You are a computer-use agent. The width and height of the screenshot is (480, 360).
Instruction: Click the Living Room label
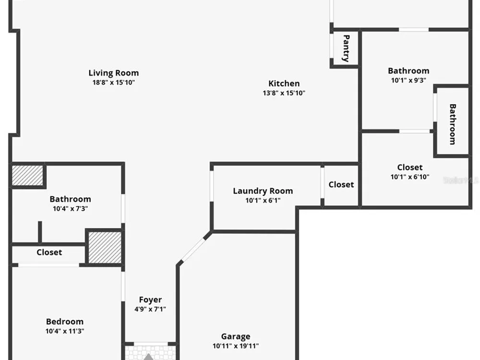click(114, 73)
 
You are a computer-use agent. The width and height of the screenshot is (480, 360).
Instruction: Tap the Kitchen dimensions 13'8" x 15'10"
click(284, 93)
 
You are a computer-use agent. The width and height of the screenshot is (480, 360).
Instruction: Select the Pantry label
click(346, 48)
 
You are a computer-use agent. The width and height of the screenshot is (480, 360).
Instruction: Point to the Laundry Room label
click(263, 191)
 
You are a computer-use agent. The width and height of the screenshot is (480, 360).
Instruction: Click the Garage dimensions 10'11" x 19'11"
click(235, 346)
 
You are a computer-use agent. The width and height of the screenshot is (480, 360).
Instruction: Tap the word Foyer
click(150, 300)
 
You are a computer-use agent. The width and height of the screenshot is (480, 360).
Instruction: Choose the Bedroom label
click(65, 322)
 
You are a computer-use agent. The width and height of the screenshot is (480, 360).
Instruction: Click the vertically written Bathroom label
click(453, 124)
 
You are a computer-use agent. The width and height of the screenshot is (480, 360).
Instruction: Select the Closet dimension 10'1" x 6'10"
click(409, 177)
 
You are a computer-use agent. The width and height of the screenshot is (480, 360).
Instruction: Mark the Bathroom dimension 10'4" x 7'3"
click(70, 208)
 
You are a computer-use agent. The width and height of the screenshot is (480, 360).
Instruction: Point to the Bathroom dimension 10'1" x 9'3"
click(408, 80)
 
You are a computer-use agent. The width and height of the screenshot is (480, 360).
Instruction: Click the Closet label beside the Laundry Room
click(341, 184)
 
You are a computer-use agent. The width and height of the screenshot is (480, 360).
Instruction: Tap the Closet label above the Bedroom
click(49, 252)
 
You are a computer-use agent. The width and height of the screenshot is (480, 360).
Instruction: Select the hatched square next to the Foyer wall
click(105, 247)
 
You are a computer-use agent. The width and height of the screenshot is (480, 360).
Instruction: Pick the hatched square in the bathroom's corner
click(27, 175)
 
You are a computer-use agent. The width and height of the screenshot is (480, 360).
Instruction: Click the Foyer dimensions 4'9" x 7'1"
click(150, 309)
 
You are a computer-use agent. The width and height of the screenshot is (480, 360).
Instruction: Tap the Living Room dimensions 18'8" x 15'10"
click(114, 83)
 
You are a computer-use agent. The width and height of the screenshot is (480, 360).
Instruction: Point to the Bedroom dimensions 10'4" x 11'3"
click(65, 331)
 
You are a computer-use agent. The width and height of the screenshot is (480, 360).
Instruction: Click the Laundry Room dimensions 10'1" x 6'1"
click(263, 201)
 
